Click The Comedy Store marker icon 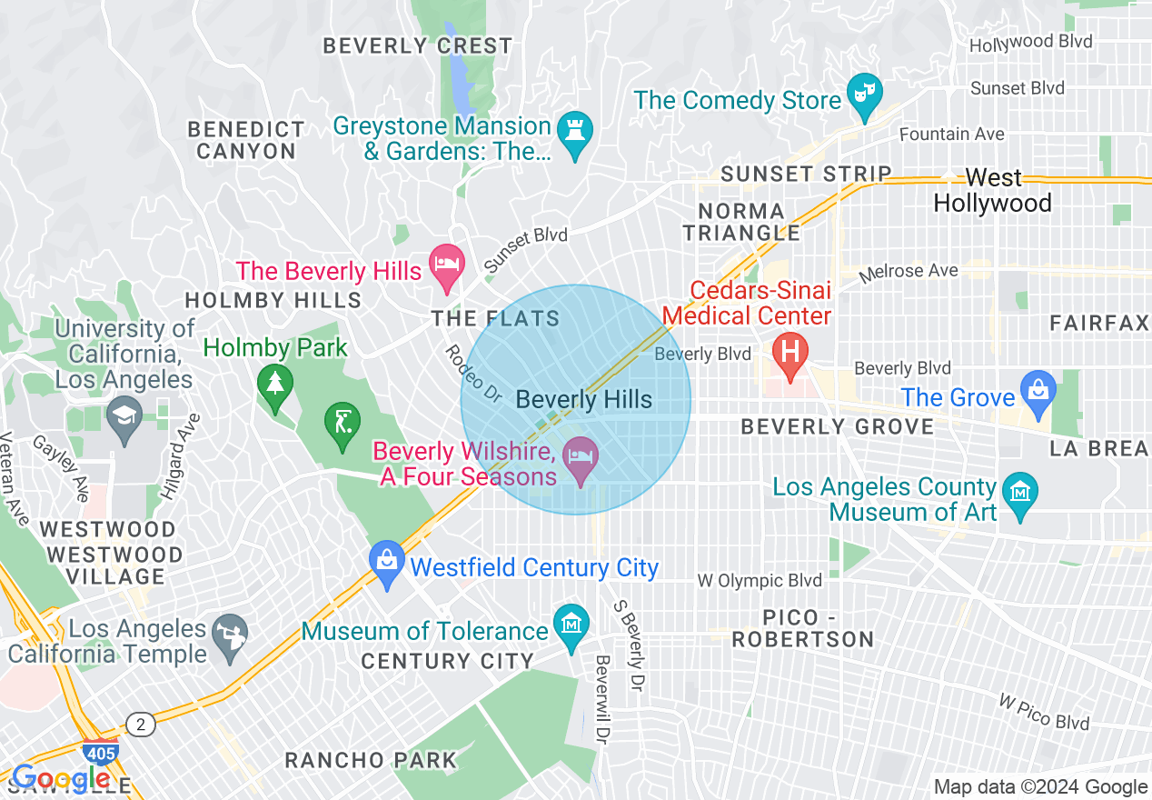864,93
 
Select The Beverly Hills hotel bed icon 446,265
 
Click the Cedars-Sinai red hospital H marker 790,351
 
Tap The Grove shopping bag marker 1036,390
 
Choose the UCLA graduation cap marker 124,417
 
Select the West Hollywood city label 992,190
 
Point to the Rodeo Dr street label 472,373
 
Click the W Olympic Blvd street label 760,581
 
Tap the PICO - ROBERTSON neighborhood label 802,628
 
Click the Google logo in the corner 60,779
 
